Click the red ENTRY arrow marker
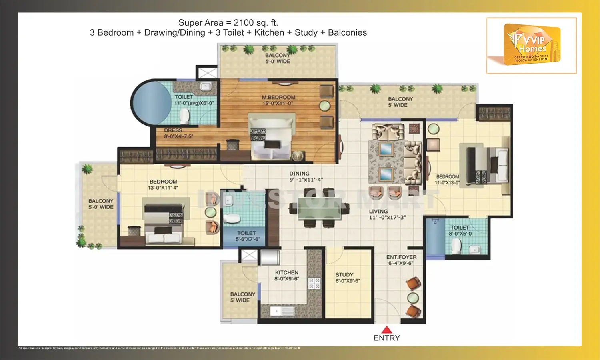pos(386,330)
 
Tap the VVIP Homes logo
pos(532,45)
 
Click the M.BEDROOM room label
pos(278,97)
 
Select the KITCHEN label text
pos(286,272)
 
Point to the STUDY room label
pos(344,275)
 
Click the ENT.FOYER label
pos(401,257)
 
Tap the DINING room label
pos(299,174)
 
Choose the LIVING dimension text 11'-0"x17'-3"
pos(387,218)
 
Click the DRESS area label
pos(173,130)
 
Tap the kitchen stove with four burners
pos(314,283)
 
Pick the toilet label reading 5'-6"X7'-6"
pos(247,239)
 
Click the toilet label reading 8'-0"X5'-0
pos(460,234)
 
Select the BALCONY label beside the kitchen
pos(242,294)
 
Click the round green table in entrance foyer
pos(413,298)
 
